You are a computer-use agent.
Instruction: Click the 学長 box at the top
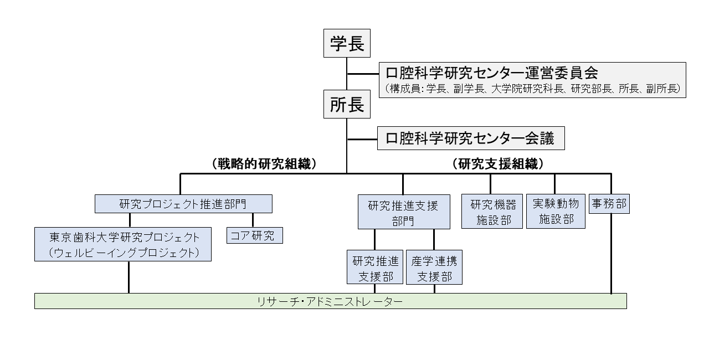(347, 44)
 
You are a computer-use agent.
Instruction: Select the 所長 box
(347, 105)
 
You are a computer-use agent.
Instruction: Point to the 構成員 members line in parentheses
(532, 89)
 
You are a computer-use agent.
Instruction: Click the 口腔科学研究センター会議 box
(471, 138)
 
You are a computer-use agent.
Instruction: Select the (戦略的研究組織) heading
(264, 164)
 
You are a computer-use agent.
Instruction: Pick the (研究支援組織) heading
(497, 164)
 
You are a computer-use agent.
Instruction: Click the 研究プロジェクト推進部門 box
(183, 204)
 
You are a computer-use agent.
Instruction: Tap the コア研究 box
(254, 235)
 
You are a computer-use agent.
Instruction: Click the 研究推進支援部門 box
(403, 213)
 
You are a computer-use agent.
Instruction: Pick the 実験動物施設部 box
(555, 211)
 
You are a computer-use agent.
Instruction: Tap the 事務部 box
(609, 204)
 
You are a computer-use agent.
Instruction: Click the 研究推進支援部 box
(375, 268)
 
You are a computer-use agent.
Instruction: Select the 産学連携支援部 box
(434, 268)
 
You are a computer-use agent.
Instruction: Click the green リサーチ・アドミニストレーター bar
(330, 301)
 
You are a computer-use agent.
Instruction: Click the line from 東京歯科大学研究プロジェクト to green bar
(129, 277)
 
